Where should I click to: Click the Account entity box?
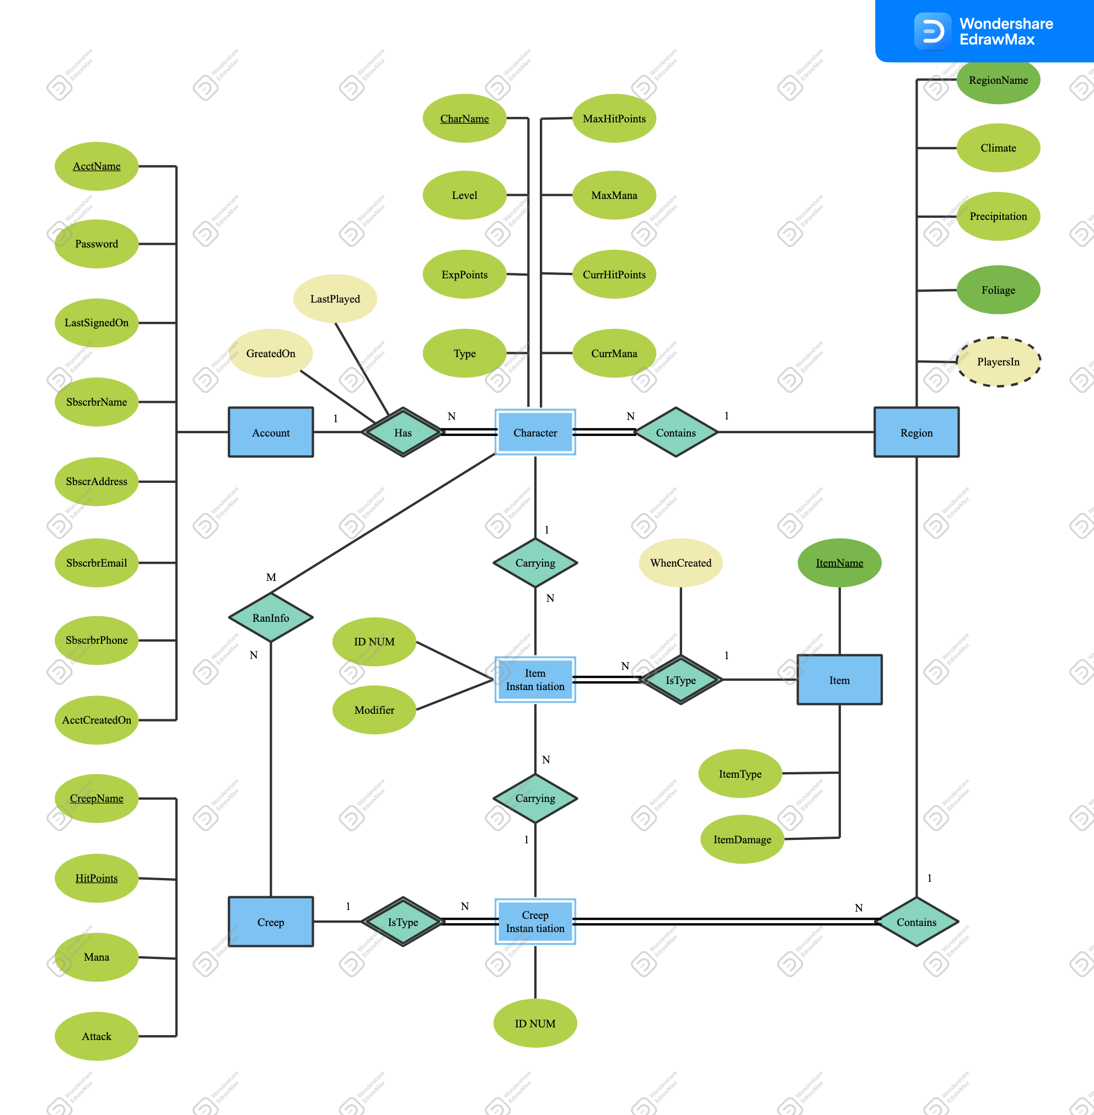pyautogui.click(x=271, y=433)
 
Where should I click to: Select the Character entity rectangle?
pyautogui.click(x=535, y=433)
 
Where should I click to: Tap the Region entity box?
pyautogui.click(x=916, y=433)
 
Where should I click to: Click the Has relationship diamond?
pyautogui.click(x=403, y=433)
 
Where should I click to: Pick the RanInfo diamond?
pyautogui.click(x=271, y=617)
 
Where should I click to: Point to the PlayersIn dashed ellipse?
pyautogui.click(x=998, y=362)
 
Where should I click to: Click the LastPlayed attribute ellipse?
pyautogui.click(x=335, y=299)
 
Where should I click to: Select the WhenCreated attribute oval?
pyautogui.click(x=680, y=563)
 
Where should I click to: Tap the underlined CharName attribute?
pyautogui.click(x=464, y=118)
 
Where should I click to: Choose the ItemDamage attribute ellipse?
pyautogui.click(x=742, y=839)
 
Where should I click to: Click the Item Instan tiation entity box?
pyautogui.click(x=535, y=680)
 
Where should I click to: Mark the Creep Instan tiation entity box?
pyautogui.click(x=535, y=922)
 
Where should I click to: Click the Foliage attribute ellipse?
pyautogui.click(x=998, y=289)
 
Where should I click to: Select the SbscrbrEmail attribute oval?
pyautogui.click(x=96, y=563)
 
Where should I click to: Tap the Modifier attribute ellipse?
pyautogui.click(x=374, y=710)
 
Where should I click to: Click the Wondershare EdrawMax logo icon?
pyautogui.click(x=932, y=31)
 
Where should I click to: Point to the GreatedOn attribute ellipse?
pyautogui.click(x=271, y=353)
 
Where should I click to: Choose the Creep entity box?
pyautogui.click(x=271, y=922)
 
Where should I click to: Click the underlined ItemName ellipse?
pyautogui.click(x=839, y=563)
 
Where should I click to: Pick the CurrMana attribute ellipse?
pyautogui.click(x=614, y=353)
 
